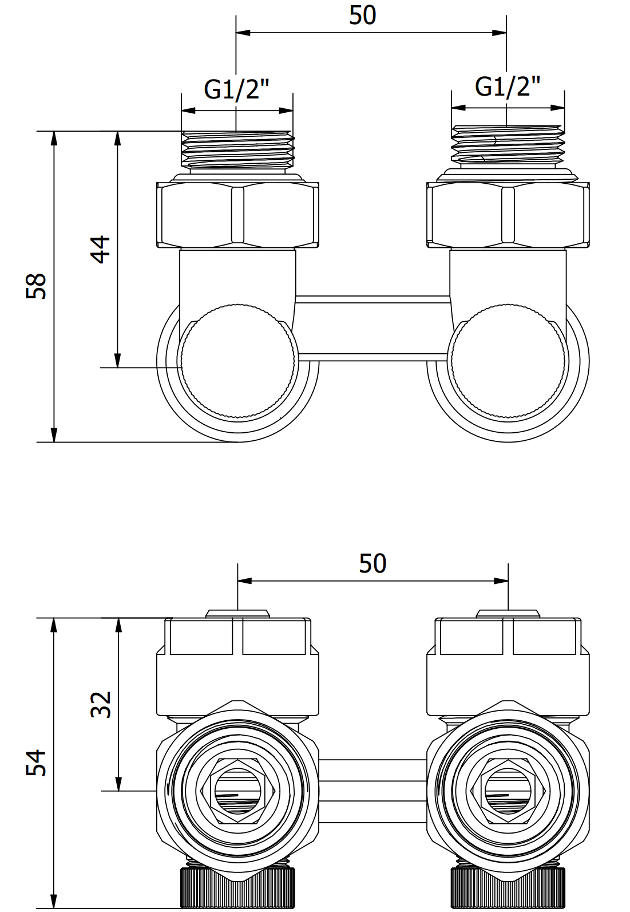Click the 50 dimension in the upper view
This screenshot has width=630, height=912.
point(363,15)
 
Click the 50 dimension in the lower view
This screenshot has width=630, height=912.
point(373,564)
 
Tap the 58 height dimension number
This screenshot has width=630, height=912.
point(37,286)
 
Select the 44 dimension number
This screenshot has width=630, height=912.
point(101,249)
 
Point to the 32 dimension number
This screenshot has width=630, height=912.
point(101,704)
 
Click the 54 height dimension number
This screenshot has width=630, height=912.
point(37,763)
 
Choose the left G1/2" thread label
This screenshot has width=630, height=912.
point(236,89)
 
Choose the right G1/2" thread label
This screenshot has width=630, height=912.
point(508,86)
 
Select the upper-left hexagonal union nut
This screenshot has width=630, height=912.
point(237,215)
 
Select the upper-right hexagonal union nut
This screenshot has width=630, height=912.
point(508,215)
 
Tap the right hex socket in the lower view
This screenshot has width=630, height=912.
point(508,791)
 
